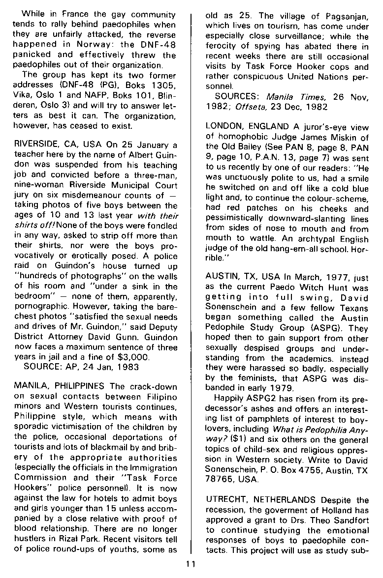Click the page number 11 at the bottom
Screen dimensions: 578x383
pos(191,564)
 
